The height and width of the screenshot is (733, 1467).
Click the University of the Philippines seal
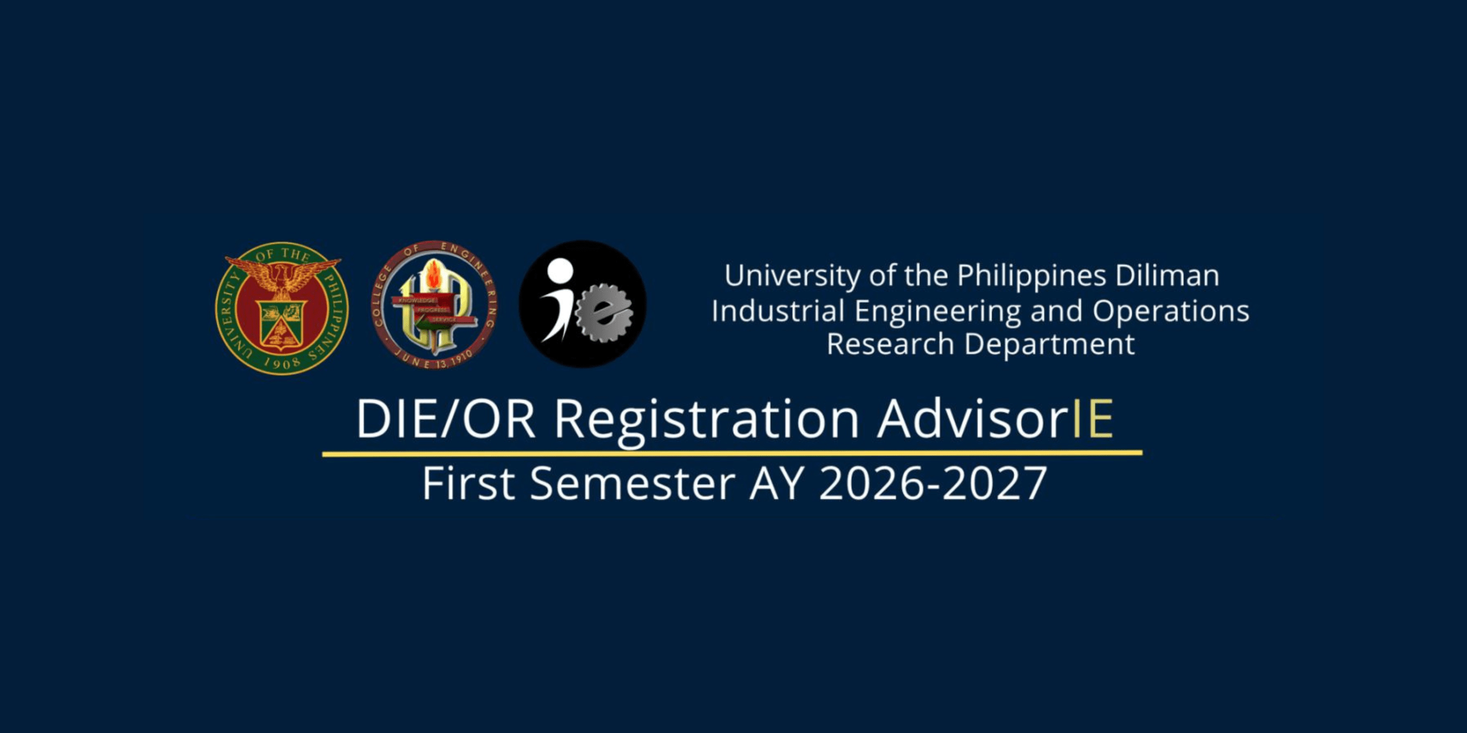point(282,308)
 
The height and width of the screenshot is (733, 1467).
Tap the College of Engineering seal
point(434,305)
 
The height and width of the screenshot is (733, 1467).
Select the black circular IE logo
point(583,304)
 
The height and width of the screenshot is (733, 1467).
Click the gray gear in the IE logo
point(604,313)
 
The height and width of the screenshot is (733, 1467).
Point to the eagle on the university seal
point(282,275)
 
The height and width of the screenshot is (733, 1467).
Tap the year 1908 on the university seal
point(282,362)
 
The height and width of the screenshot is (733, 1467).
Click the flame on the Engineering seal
point(434,274)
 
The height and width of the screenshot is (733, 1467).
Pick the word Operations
point(1171,312)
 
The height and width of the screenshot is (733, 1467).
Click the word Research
point(890,344)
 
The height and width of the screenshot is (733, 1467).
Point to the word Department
point(1049,345)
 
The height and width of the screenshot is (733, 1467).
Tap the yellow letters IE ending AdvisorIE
point(1093,419)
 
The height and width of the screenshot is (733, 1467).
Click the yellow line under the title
point(732,454)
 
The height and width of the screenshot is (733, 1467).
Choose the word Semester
point(632,483)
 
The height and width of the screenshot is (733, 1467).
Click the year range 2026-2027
point(933,483)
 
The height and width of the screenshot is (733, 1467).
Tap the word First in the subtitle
point(469,483)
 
